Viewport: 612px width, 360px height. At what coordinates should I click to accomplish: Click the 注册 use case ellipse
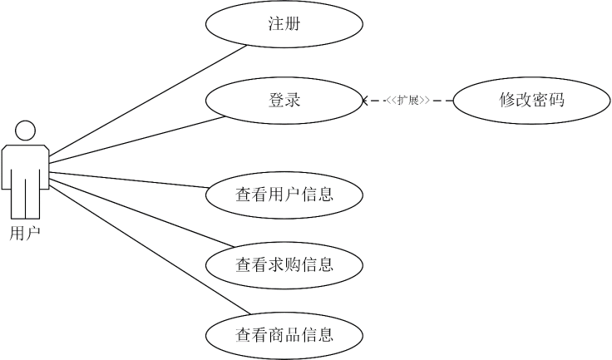point(284,24)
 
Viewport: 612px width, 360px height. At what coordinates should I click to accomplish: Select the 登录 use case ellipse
point(284,101)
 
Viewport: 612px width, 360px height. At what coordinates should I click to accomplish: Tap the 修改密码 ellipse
point(532,101)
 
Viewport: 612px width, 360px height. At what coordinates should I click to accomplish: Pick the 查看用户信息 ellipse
point(284,195)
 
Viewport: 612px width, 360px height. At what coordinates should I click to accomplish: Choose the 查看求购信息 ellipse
point(284,265)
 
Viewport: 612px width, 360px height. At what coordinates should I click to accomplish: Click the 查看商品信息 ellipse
point(284,336)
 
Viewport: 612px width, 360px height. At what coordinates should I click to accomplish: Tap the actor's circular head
point(25,131)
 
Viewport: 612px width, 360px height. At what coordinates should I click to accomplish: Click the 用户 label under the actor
point(25,234)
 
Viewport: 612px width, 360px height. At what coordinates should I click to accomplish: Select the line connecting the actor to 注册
point(150,101)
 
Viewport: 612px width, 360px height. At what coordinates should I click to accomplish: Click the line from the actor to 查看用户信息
point(129,180)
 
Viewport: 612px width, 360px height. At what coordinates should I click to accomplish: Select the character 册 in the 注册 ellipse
point(292,24)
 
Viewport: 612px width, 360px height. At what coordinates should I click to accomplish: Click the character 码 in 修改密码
point(556,101)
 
